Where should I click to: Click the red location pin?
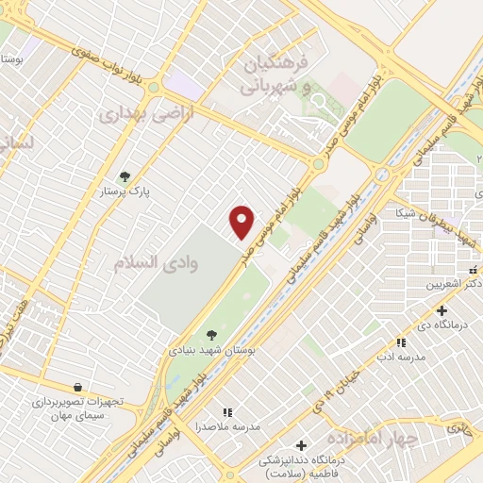tap(242, 222)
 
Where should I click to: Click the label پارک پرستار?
tap(128, 192)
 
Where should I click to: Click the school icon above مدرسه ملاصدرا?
tap(226, 412)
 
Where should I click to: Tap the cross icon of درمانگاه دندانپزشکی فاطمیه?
tap(301, 445)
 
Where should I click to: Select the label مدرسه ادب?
tap(399, 358)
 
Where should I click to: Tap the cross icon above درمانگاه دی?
tap(441, 310)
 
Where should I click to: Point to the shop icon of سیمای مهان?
tap(79, 387)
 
